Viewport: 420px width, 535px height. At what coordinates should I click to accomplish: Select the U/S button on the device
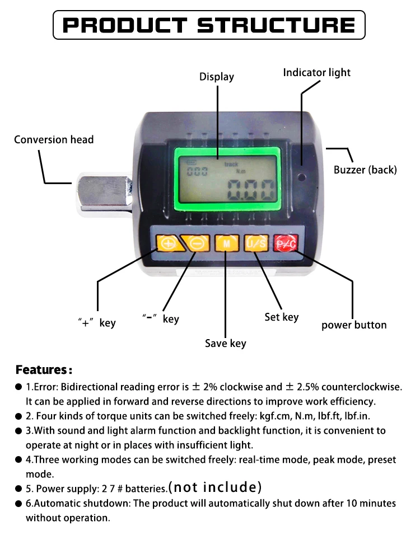(x=256, y=243)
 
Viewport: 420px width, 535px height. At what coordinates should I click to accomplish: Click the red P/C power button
(x=286, y=243)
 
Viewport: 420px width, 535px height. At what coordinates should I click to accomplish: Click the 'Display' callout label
(x=217, y=77)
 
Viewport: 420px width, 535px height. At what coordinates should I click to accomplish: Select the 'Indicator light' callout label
(x=316, y=73)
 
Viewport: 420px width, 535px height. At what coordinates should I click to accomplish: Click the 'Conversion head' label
(x=54, y=139)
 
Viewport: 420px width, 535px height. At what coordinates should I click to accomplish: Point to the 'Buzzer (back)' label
(x=365, y=170)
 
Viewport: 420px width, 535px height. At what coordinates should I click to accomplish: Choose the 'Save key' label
(x=225, y=343)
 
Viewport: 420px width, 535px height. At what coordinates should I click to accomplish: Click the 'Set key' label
(x=282, y=317)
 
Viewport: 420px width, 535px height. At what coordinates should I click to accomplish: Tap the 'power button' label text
(x=354, y=325)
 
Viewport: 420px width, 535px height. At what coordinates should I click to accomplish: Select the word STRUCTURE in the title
(x=277, y=25)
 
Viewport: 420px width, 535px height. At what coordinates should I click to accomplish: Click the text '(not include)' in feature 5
(x=215, y=487)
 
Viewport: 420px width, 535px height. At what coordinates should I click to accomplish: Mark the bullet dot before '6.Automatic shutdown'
(x=18, y=504)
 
